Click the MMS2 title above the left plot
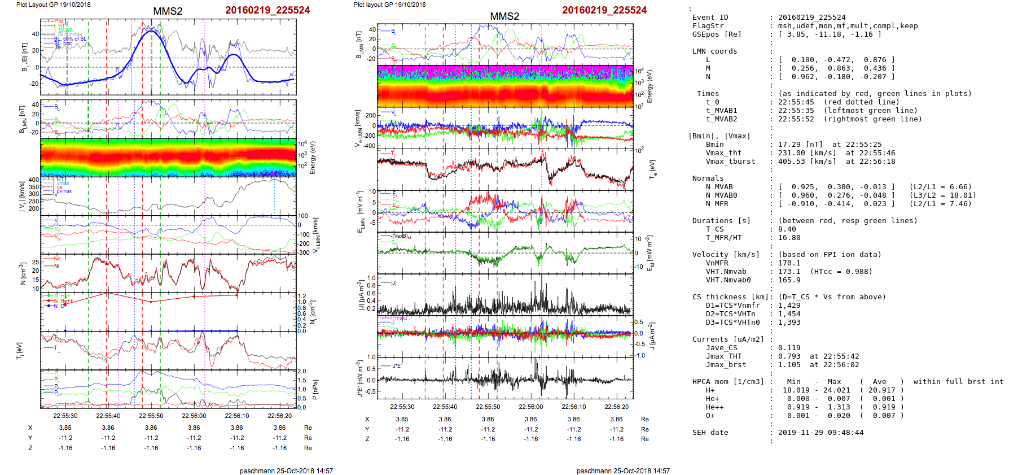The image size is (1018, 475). pos(168,11)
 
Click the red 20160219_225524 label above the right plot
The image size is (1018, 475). pos(604,10)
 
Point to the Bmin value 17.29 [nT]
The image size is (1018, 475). pos(793,145)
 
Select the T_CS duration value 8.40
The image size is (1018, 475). pos(787,229)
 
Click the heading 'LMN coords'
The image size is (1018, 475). pos(714,51)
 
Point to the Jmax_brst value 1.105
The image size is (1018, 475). pos(789,365)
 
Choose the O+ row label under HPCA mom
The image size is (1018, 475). pos(710,416)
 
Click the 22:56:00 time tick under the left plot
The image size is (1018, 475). pos(194,416)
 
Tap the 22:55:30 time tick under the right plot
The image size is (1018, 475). pos(402,407)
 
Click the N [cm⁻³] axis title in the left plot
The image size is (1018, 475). pos(23,273)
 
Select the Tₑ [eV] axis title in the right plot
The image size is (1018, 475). pos(653,168)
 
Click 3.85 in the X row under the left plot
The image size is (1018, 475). pos(65,428)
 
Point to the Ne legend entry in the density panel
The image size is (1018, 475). pos(57,259)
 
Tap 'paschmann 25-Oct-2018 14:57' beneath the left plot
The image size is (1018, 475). pos(286,470)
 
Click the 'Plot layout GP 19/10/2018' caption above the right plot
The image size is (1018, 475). pos(389,5)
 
